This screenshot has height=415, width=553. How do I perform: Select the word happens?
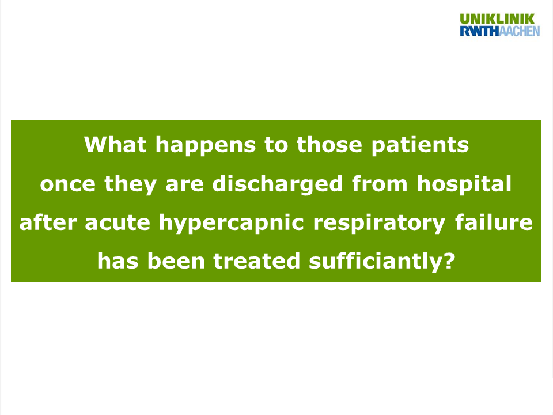tap(206, 146)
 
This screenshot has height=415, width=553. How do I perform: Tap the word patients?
tap(420, 146)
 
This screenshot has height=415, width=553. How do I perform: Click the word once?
tap(68, 184)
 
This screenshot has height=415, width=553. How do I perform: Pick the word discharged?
tap(277, 184)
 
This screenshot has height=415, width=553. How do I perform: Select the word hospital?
tap(464, 184)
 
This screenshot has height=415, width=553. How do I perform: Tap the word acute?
tap(118, 223)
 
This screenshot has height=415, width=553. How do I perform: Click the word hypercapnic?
tap(232, 224)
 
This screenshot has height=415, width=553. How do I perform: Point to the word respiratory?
tap(379, 224)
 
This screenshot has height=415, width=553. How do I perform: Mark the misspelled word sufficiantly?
tap(376, 262)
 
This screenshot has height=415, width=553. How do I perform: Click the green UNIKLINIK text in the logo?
tap(497, 18)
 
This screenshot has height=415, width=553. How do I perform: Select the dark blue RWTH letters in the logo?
tap(480, 31)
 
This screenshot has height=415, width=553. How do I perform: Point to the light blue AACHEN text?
tap(520, 31)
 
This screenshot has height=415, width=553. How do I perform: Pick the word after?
tap(48, 222)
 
